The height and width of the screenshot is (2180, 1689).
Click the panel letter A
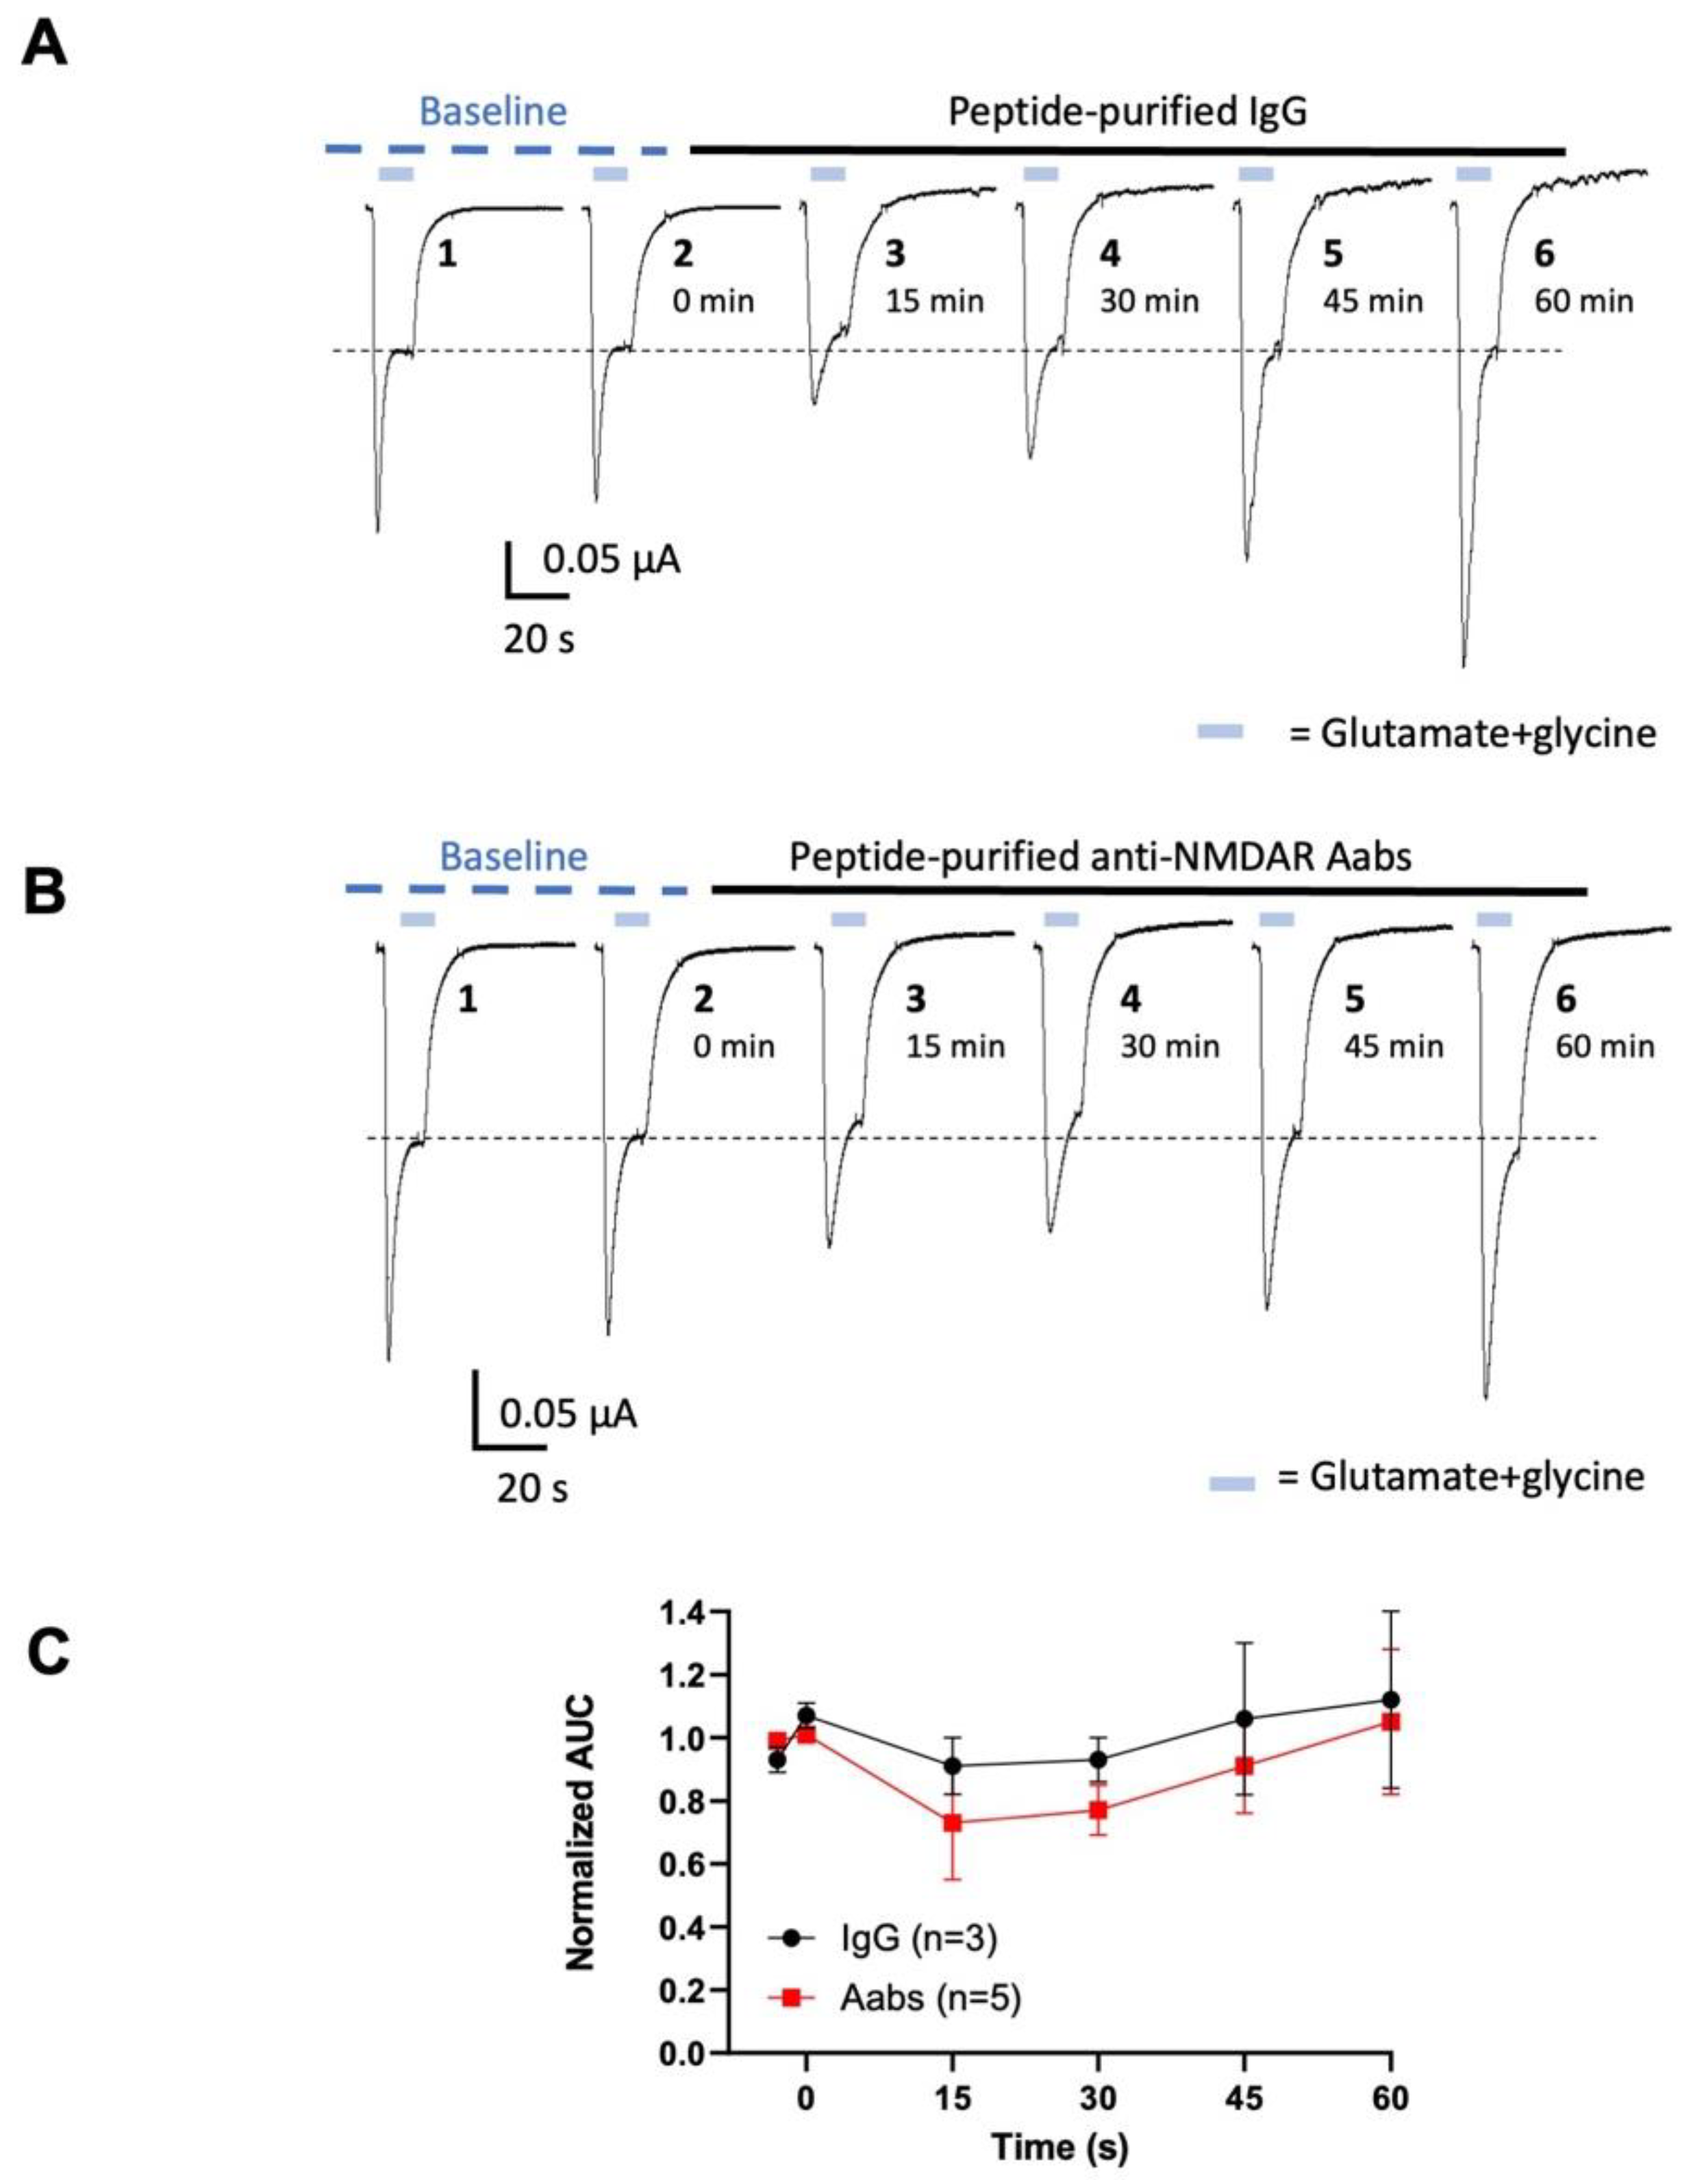45,45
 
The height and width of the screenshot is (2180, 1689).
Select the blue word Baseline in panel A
492,112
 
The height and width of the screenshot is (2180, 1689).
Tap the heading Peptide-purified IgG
1127,112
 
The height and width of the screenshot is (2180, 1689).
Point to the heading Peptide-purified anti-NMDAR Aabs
1100,856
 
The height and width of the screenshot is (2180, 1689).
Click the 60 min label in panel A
1584,301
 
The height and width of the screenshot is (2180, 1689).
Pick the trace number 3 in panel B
915,999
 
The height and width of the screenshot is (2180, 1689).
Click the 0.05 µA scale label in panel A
611,560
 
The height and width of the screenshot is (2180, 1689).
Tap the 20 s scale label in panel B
532,1489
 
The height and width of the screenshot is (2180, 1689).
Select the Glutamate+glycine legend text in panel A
1473,734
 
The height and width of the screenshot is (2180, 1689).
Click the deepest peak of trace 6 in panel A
1464,666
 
